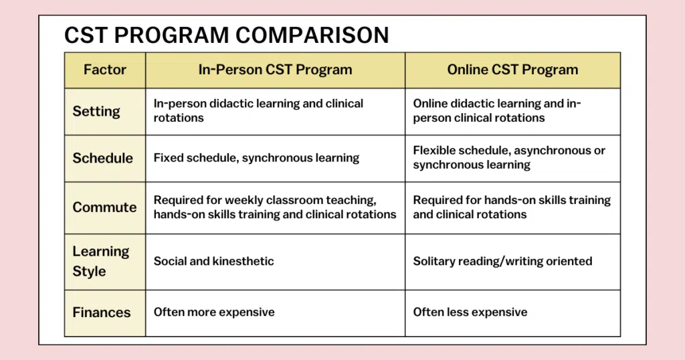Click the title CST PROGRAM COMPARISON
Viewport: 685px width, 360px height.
coord(226,35)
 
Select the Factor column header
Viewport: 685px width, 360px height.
coord(105,70)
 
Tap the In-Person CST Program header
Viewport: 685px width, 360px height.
coord(275,70)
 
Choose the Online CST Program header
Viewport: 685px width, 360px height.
coord(512,70)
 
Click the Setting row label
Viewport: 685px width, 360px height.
coord(96,111)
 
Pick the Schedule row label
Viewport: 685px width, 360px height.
coord(102,158)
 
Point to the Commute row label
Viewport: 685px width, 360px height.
coord(104,207)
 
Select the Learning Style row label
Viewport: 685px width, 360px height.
coord(101,261)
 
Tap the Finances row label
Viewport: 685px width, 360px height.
coord(102,312)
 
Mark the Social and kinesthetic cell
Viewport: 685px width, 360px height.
coord(213,261)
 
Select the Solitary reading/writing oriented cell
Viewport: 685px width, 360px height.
coord(502,261)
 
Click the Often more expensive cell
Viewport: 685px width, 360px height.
coord(214,312)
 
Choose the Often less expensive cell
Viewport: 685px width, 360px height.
coord(470,312)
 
